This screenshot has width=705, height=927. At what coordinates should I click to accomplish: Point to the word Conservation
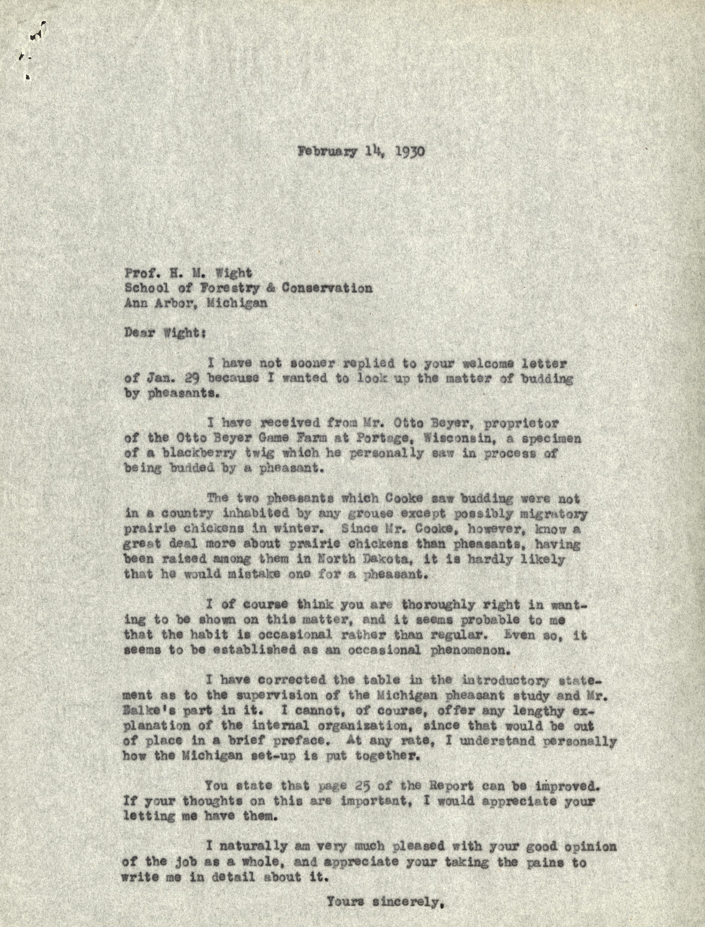click(x=327, y=288)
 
